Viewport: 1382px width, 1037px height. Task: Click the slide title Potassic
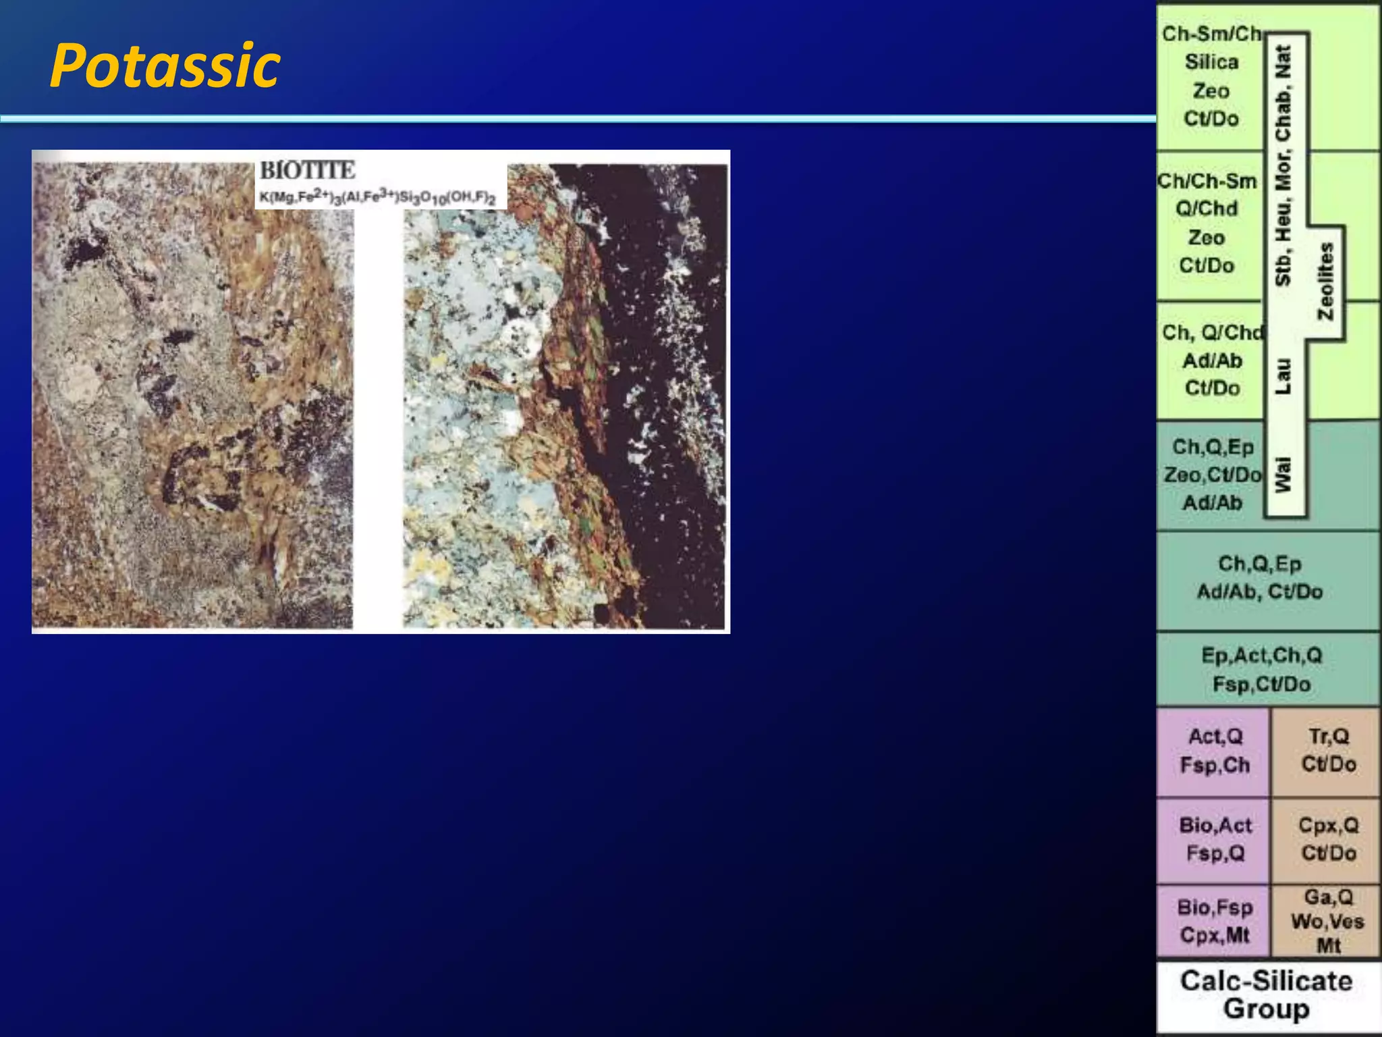pos(165,65)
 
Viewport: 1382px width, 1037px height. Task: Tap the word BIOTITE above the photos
pos(308,170)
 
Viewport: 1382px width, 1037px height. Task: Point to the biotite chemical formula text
pos(378,198)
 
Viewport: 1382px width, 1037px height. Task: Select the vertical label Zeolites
pos(1326,281)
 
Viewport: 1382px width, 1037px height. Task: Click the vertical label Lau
pos(1283,376)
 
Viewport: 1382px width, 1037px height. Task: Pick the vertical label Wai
pos(1283,474)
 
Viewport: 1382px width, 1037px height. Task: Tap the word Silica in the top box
pos(1211,62)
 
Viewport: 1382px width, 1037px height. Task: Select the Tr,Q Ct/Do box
pos(1328,750)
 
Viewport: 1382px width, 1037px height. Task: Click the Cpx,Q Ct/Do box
pos(1328,839)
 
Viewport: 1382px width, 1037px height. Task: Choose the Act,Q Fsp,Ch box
pos(1215,751)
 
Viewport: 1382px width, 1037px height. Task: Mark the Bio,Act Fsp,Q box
pos(1215,839)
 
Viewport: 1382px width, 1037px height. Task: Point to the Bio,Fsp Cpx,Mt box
pos(1215,921)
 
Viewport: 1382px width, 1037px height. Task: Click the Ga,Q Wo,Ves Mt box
pos(1328,921)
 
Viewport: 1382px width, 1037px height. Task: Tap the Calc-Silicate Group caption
pos(1266,994)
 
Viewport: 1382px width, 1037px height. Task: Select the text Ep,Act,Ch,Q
pos(1261,656)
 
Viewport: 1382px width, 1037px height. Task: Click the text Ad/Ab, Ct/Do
pos(1259,592)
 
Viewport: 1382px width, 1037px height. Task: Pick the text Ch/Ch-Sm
pos(1207,181)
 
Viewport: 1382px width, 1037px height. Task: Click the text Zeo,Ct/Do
pos(1212,475)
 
